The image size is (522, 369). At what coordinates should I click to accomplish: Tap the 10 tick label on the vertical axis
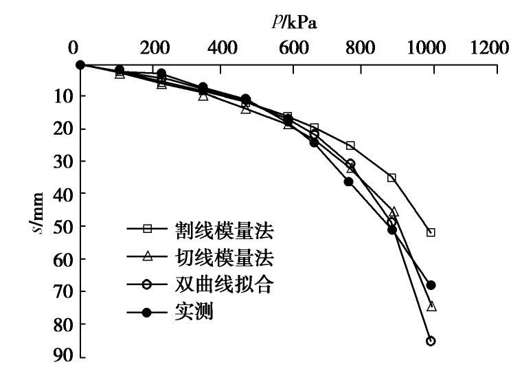pyautogui.click(x=54, y=96)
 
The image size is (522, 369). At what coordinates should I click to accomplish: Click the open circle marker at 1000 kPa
pyautogui.click(x=431, y=341)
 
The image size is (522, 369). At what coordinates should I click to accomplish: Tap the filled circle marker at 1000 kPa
pyautogui.click(x=431, y=284)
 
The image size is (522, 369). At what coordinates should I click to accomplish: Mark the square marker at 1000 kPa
pyautogui.click(x=431, y=232)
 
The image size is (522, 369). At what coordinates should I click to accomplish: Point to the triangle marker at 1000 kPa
pyautogui.click(x=431, y=306)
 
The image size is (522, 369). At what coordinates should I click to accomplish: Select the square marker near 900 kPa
pyautogui.click(x=391, y=177)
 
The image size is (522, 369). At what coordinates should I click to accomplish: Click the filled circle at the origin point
pyautogui.click(x=80, y=65)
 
